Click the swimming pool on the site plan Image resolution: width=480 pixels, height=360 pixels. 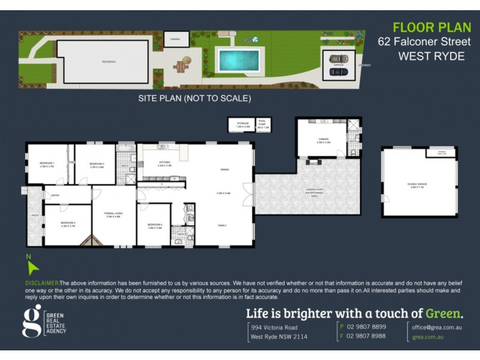[x=239, y=60]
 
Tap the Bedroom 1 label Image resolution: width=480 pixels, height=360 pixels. [x=47, y=164]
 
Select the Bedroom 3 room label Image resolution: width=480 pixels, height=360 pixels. [x=97, y=164]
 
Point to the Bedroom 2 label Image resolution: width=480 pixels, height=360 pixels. [x=67, y=225]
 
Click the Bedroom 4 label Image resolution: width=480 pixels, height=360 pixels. [x=155, y=226]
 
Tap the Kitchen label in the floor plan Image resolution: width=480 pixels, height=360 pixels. [x=165, y=163]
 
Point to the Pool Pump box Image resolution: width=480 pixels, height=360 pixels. [x=263, y=125]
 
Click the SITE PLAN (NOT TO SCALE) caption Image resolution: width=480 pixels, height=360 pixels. [x=194, y=98]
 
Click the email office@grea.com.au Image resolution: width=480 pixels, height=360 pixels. [x=436, y=327]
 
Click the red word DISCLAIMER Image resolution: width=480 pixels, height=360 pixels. [x=42, y=283]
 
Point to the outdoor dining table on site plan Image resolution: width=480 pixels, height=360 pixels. [x=181, y=65]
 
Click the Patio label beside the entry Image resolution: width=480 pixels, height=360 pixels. [x=34, y=214]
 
